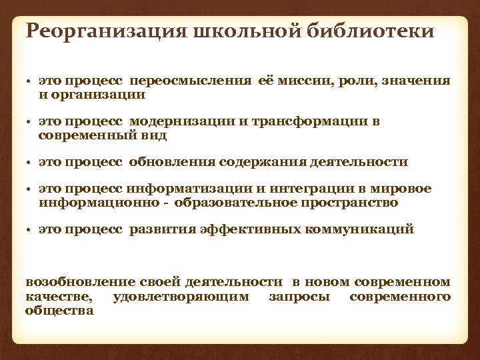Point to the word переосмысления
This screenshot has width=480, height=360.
[191, 81]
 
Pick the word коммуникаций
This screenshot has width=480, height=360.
[359, 229]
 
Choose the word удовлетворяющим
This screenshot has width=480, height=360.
[181, 297]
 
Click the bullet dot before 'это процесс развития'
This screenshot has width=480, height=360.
[30, 230]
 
